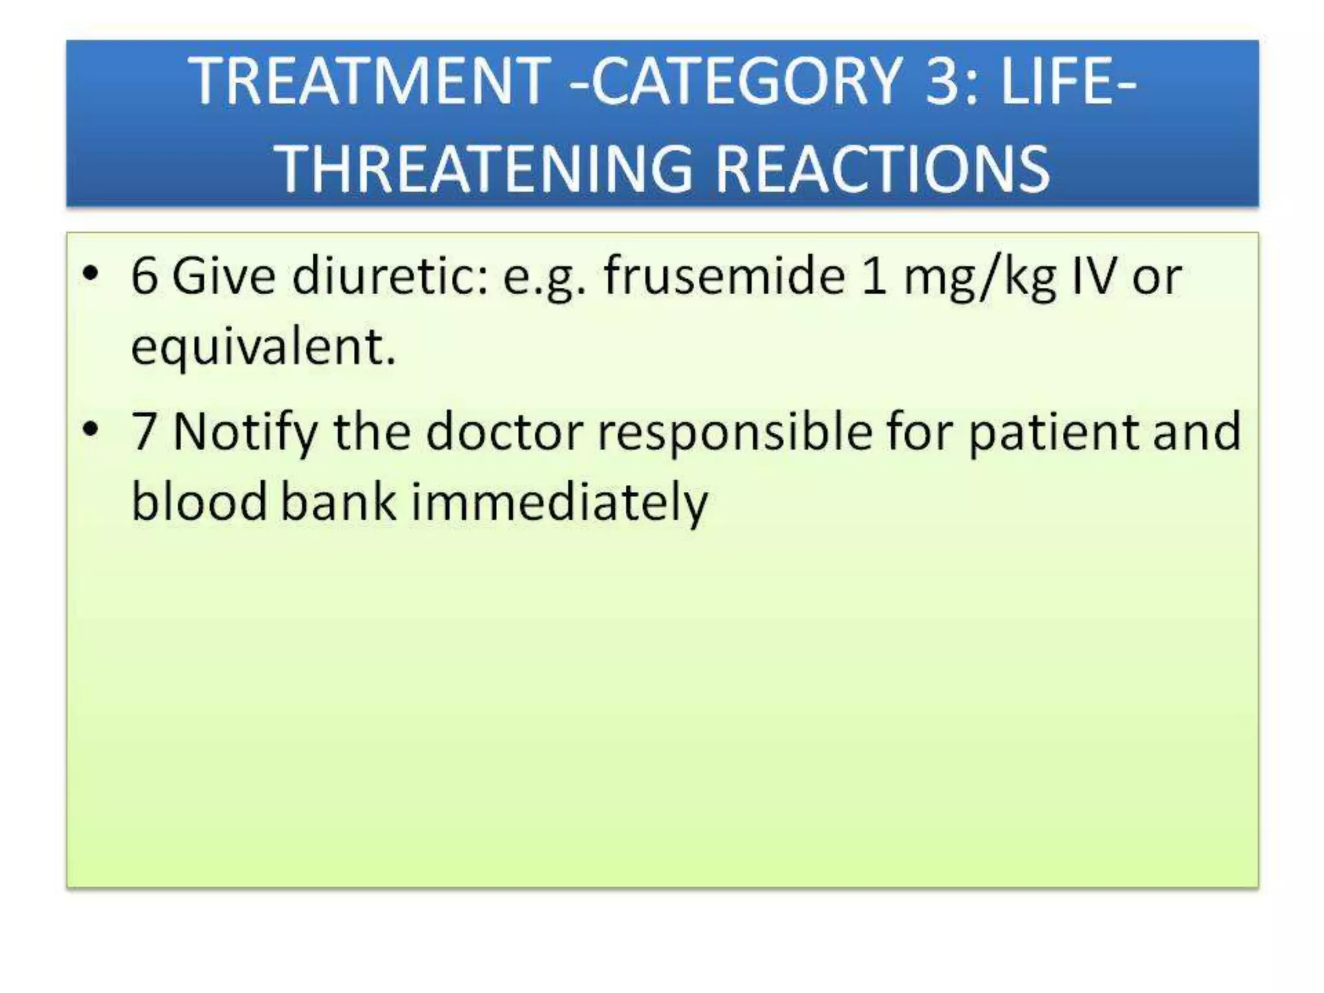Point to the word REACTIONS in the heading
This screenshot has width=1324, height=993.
tap(882, 169)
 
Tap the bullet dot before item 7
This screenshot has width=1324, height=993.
tap(91, 429)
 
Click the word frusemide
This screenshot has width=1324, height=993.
tap(724, 277)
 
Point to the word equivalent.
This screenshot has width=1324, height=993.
tap(262, 348)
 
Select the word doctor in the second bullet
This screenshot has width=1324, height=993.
tap(504, 432)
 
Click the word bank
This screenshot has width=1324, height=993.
tap(337, 502)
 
